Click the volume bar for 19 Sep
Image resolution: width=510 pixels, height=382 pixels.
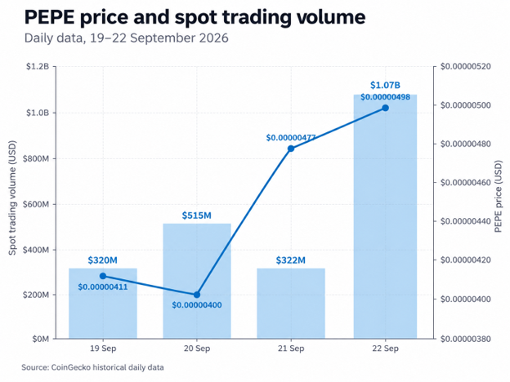click(103, 304)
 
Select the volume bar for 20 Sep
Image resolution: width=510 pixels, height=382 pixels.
click(197, 281)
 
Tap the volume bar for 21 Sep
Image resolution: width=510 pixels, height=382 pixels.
click(291, 304)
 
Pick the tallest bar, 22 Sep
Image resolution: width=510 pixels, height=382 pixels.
click(385, 216)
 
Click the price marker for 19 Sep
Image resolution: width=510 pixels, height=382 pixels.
click(103, 276)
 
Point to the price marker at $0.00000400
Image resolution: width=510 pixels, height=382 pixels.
click(197, 295)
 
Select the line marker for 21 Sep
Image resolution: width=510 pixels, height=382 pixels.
click(291, 149)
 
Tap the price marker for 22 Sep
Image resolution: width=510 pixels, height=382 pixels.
click(385, 108)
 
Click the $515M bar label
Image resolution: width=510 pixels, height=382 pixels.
click(197, 215)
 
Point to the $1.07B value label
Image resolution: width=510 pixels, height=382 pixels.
click(385, 85)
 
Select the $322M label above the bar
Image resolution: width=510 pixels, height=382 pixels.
click(291, 260)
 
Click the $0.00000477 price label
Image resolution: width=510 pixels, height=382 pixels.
click(291, 138)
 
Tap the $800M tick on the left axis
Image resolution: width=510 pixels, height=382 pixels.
click(36, 158)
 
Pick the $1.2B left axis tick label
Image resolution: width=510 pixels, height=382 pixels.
click(38, 67)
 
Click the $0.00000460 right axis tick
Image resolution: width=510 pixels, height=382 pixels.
click(465, 183)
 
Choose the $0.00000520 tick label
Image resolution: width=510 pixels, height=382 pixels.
click(465, 67)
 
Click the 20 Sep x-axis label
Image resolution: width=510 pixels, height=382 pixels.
click(197, 349)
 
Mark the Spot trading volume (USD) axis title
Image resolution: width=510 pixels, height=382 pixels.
click(12, 198)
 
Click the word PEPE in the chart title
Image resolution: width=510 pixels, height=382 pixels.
click(50, 17)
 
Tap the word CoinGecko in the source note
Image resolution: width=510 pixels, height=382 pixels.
click(71, 367)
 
